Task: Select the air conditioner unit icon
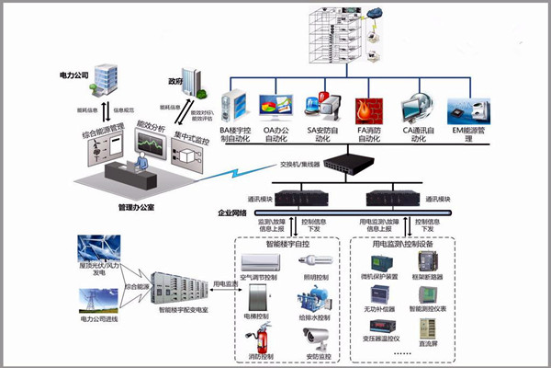pyautogui.click(x=260, y=261)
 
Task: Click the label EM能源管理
pyautogui.click(x=469, y=132)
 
